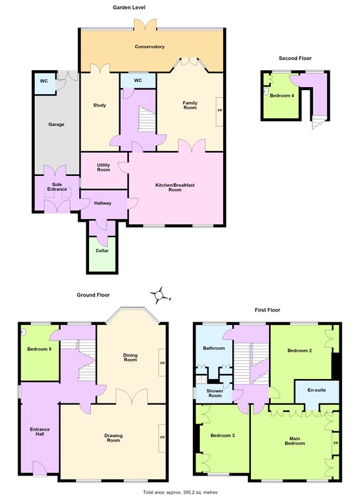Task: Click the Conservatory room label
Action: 150,46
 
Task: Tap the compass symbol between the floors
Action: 159,295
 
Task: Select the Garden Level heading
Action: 129,7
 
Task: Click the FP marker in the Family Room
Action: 220,110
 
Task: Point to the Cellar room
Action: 102,254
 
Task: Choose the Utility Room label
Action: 103,168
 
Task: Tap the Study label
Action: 99,105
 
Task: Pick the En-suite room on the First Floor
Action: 317,391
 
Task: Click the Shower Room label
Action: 215,393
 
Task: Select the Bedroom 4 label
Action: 282,95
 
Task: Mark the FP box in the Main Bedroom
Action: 335,443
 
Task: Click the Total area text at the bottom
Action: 180,492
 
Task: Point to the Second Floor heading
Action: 295,58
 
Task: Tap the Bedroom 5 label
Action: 39,349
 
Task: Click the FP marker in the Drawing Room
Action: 163,438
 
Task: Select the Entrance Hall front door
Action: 40,467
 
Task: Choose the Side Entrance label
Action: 57,186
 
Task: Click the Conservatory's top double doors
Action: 145,24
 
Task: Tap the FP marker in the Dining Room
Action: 163,364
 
